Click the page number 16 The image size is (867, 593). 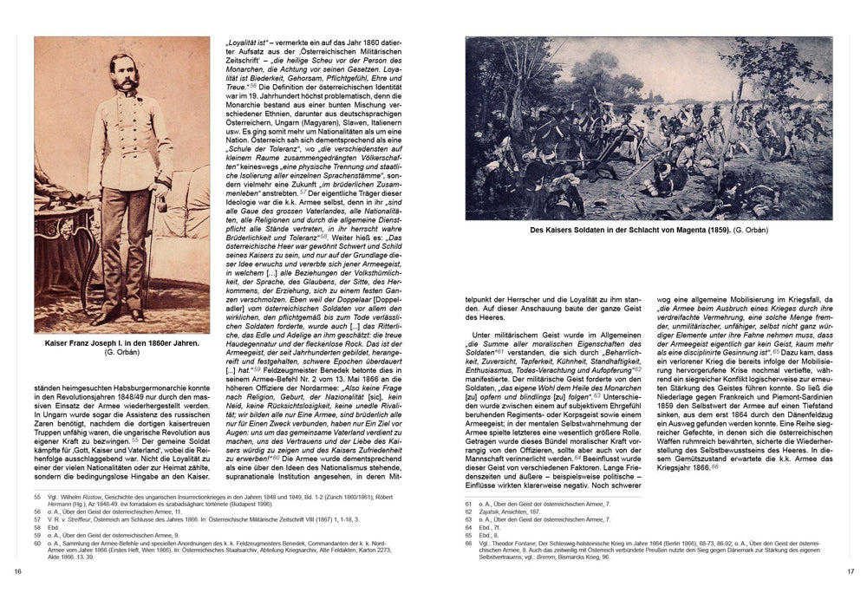pyautogui.click(x=18, y=570)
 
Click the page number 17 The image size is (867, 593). pyautogui.click(x=850, y=570)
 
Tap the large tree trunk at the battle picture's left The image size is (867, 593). pyautogui.click(x=486, y=130)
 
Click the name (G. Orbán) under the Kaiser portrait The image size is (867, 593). pyautogui.click(x=122, y=355)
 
